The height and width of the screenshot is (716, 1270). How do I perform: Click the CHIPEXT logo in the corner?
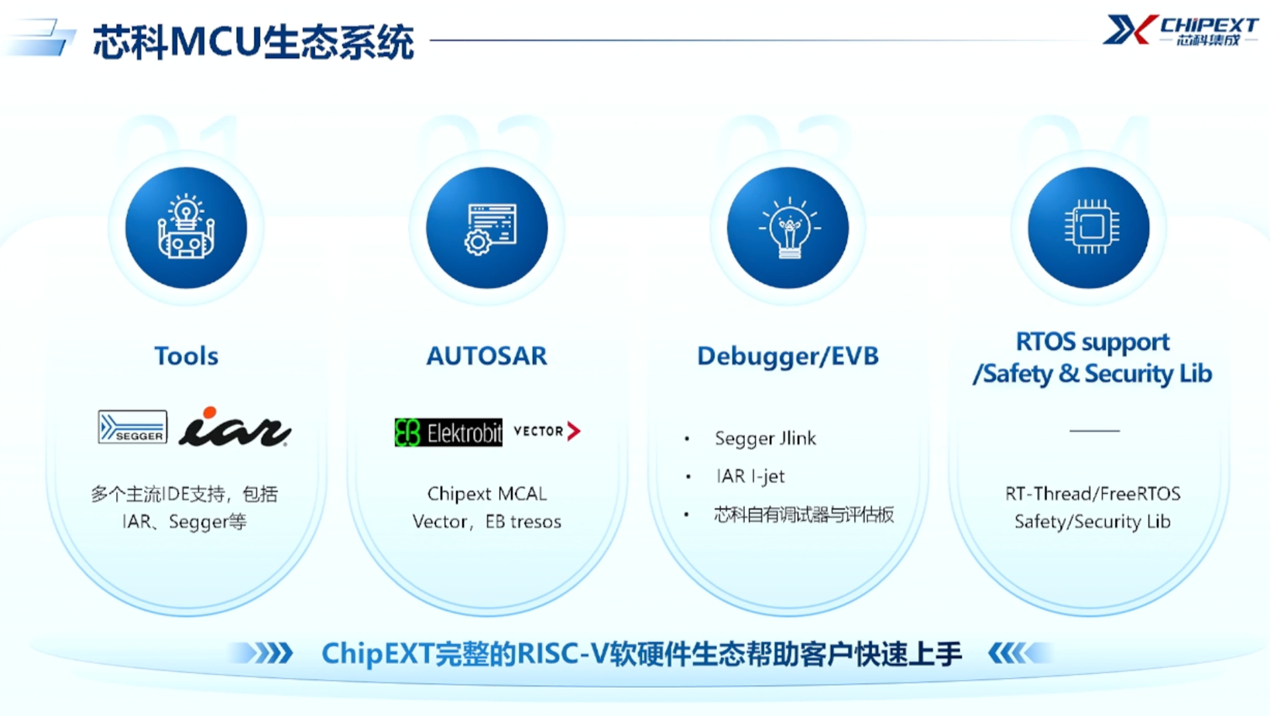coord(1180,31)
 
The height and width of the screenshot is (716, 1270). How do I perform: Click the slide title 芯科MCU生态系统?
coord(253,42)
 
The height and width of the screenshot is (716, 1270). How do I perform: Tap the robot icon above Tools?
coord(186,228)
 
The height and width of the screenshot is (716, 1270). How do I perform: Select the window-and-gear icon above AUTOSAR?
coord(487,228)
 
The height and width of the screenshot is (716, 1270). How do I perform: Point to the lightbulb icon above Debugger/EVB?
coord(788,228)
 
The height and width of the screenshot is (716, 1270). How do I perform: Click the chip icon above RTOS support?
coord(1089,228)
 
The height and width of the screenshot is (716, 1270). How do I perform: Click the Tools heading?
coord(186,356)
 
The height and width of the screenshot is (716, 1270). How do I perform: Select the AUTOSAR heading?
coord(487,356)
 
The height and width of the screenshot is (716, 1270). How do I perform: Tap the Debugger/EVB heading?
coord(788,356)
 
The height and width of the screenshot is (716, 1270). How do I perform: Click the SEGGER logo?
coord(132,427)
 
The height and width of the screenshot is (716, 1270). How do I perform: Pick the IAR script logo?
coord(235,427)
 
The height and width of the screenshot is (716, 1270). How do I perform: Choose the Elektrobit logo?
coord(448,432)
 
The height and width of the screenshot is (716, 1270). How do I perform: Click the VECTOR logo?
coord(547,431)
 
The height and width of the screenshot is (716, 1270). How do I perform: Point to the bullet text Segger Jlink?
coord(765,439)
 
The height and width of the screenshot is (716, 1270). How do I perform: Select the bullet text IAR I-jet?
coord(750,476)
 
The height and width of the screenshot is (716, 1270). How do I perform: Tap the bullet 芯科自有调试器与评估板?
coord(804,515)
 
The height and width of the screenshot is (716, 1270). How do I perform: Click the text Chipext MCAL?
coord(487,494)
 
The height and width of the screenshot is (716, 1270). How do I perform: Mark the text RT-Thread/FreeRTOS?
coord(1093,494)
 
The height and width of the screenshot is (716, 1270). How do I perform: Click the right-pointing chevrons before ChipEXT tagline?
coord(264,653)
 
